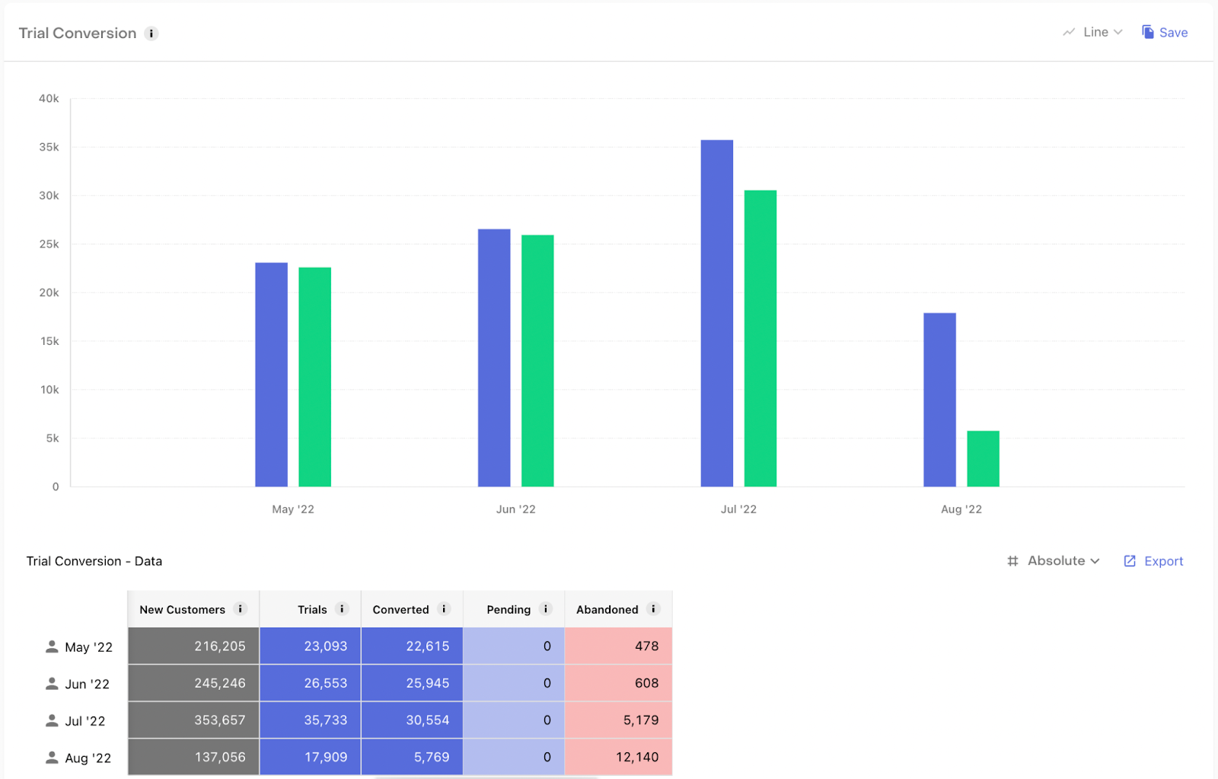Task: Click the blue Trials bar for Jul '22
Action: pos(716,313)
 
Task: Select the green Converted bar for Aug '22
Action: pos(983,458)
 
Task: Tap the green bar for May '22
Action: pos(314,377)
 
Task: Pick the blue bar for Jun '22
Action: pos(494,358)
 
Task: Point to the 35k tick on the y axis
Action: pos(49,147)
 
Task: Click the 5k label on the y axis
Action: pos(53,438)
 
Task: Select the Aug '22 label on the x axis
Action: pos(961,509)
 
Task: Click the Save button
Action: pos(1165,32)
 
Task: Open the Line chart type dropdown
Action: pos(1093,32)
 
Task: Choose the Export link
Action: pos(1154,561)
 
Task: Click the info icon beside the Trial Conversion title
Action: pos(151,34)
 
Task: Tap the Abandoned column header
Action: pos(607,609)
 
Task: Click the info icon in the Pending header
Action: pos(545,609)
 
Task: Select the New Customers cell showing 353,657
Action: pos(194,720)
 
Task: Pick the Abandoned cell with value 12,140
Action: pos(618,757)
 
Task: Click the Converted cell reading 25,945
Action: pos(412,683)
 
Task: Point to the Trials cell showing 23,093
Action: pos(310,646)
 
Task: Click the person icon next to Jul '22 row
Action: pos(52,720)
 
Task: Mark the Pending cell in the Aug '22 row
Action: pos(514,757)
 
